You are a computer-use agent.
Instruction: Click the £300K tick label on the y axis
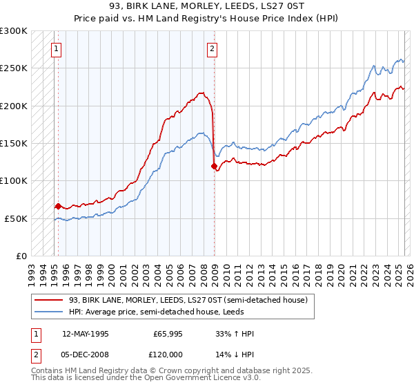pos(13,31)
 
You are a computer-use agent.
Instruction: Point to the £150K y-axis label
pos(13,143)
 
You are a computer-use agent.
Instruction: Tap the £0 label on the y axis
pos(21,256)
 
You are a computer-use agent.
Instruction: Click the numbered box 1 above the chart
pos(55,48)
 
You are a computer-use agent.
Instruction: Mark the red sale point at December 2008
pos(214,166)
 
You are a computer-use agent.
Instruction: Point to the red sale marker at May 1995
pos(58,206)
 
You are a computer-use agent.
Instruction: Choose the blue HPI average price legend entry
pos(172,312)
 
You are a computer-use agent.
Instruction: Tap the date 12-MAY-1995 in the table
pos(85,334)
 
